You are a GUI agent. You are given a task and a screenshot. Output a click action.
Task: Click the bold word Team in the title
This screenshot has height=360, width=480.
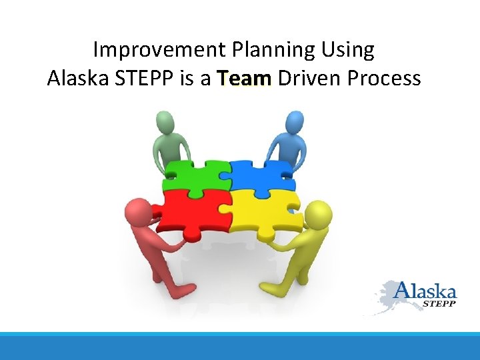[245, 79]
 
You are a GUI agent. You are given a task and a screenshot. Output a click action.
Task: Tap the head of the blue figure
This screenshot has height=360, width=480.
[295, 122]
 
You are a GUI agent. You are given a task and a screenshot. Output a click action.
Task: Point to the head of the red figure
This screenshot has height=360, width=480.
[136, 213]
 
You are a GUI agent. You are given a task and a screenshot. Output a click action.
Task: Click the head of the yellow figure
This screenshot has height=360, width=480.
[319, 215]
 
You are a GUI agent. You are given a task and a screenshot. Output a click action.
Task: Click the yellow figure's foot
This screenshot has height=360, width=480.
[270, 289]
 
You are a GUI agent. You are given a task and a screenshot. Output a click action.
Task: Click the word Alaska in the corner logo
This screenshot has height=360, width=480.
[425, 291]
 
